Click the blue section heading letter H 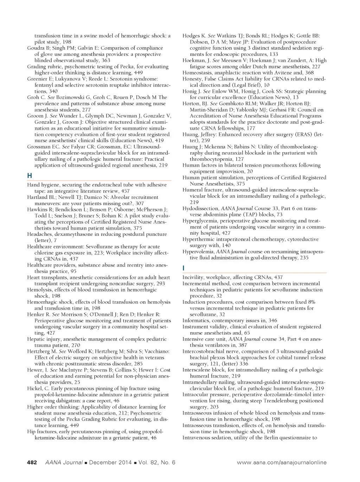click(x=30, y=176)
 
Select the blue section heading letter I click(x=184, y=268)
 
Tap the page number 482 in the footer click(x=32, y=462)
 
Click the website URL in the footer click(x=282, y=462)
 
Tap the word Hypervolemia click(x=198, y=252)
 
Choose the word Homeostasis click(x=198, y=73)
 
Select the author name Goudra click(x=36, y=48)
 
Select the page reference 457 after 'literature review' click(x=125, y=191)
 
